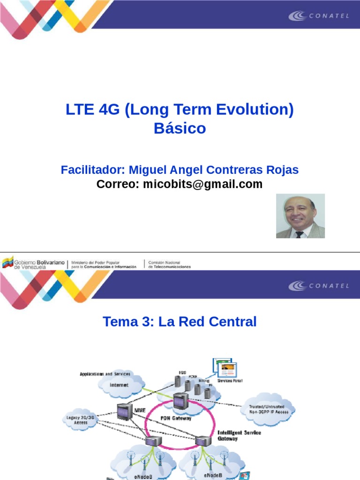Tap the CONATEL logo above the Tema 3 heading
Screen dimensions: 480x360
(x=318, y=285)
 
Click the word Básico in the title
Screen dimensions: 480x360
(x=180, y=128)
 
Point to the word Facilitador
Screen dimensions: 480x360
(x=92, y=170)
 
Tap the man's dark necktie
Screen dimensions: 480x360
(x=299, y=234)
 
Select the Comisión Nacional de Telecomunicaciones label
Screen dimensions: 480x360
(x=169, y=264)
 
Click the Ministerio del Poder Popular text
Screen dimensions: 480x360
(x=104, y=264)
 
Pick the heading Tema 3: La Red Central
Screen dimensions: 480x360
(x=180, y=322)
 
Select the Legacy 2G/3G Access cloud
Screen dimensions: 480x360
(x=81, y=419)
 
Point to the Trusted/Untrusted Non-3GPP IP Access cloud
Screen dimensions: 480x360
(x=269, y=409)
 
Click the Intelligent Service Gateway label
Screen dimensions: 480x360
(x=239, y=435)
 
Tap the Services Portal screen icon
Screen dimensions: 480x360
(x=225, y=368)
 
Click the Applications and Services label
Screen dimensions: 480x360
(x=105, y=374)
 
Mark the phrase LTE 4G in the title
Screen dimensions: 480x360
(x=93, y=111)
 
